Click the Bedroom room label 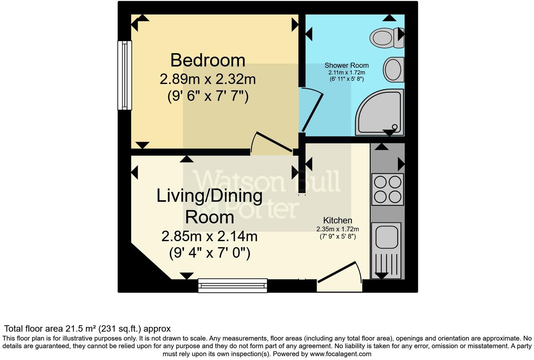pyautogui.click(x=208, y=60)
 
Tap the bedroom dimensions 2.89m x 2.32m pyautogui.click(x=208, y=79)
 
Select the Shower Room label pyautogui.click(x=346, y=65)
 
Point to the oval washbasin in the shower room pyautogui.click(x=393, y=70)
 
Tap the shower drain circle pyautogui.click(x=395, y=127)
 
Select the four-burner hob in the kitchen pyautogui.click(x=388, y=189)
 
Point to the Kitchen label pyautogui.click(x=338, y=220)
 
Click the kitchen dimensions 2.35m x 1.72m pyautogui.click(x=338, y=229)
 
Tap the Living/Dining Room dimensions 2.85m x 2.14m pyautogui.click(x=209, y=236)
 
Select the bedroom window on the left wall pyautogui.click(x=124, y=75)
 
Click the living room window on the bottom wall pyautogui.click(x=233, y=285)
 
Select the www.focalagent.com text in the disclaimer pyautogui.click(x=340, y=354)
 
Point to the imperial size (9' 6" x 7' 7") pyautogui.click(x=208, y=96)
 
